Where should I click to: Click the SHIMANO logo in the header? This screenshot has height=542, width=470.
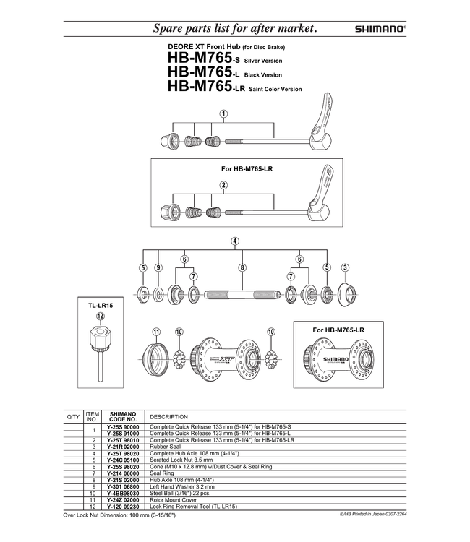[x=380, y=30]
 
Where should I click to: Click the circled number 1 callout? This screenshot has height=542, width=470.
[x=224, y=114]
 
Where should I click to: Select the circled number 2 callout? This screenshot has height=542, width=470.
[x=224, y=185]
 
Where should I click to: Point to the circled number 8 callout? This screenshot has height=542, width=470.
[x=242, y=267]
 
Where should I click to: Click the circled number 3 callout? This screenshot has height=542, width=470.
[x=345, y=267]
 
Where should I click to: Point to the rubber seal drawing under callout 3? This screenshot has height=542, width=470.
[x=346, y=293]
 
